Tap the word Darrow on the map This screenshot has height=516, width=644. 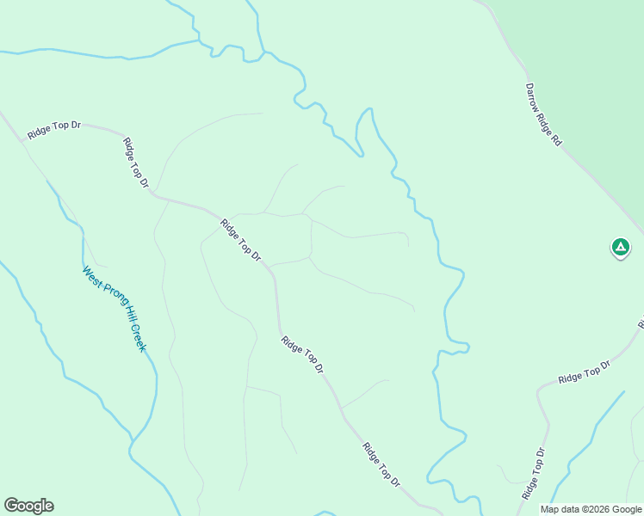point(534,97)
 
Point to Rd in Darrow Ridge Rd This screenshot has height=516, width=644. point(556,138)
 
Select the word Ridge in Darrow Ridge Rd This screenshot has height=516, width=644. point(545,119)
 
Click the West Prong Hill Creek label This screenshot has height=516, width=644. point(115,309)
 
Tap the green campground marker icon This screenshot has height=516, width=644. point(620,248)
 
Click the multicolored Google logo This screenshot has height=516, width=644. point(28,506)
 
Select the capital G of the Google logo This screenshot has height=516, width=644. point(11,506)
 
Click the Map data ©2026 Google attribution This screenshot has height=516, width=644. point(590,509)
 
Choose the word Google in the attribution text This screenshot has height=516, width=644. point(626,509)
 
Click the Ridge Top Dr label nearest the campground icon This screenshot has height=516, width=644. point(584,372)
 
